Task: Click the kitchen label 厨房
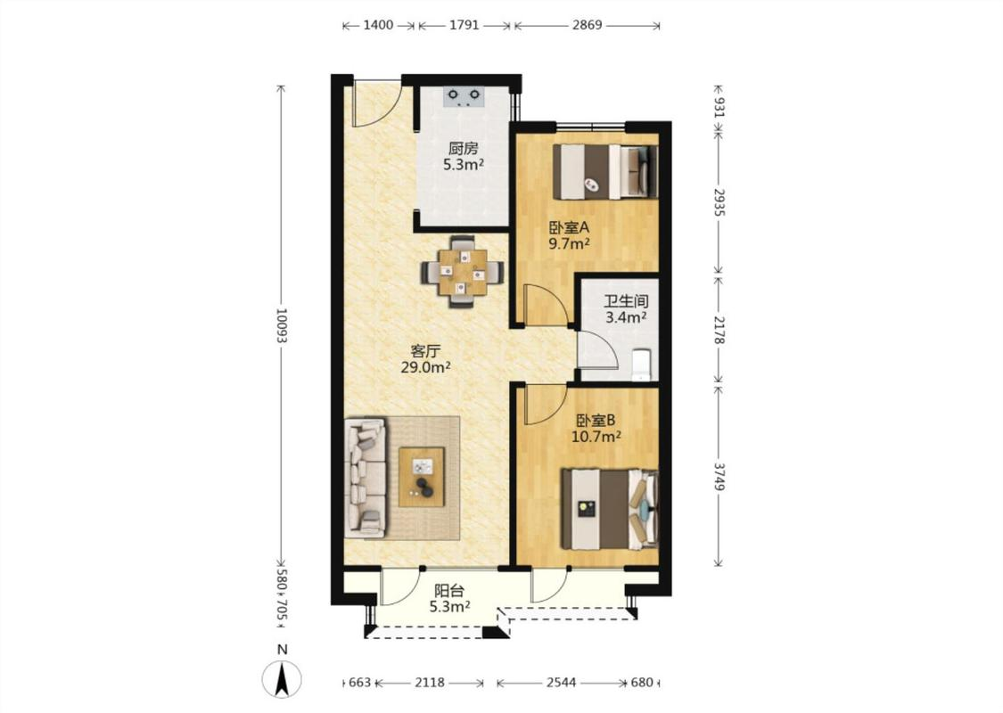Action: coord(463,149)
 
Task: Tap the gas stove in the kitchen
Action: coord(464,96)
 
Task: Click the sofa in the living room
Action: coord(366,478)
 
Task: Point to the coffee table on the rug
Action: coord(422,477)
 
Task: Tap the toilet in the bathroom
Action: coord(640,365)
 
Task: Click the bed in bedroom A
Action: coord(605,172)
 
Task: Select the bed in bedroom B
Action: coord(610,510)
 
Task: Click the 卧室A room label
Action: coord(569,227)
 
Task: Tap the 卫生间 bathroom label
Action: coord(626,301)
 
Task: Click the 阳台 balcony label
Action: coord(449,592)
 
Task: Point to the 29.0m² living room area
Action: coord(426,368)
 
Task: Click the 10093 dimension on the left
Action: coord(281,326)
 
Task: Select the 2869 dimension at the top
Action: coord(588,26)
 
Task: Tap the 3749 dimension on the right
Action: coord(719,477)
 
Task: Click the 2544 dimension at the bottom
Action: coord(561,683)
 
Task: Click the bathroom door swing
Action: coord(598,351)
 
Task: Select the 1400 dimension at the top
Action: coord(378,26)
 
